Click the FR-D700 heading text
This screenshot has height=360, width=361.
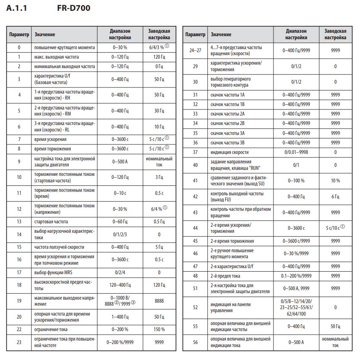[74, 8]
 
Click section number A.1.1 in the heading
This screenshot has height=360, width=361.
[17, 8]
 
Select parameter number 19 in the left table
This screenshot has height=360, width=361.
[19, 301]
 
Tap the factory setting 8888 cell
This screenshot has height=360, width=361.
[159, 301]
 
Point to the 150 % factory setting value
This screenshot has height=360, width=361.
[159, 329]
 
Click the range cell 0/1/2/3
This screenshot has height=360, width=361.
[120, 234]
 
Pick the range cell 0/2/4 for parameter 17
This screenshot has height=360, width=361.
[120, 272]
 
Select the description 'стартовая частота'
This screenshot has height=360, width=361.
[51, 222]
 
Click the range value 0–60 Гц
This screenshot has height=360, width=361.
[120, 222]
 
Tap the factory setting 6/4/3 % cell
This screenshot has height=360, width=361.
[159, 47]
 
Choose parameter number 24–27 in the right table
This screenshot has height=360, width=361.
[195, 50]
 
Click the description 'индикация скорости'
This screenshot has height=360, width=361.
[230, 152]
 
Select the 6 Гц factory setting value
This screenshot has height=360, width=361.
[335, 196]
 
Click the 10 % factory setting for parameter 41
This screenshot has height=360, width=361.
[335, 181]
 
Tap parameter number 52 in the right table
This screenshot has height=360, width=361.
[195, 307]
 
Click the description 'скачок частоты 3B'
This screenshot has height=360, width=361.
[228, 142]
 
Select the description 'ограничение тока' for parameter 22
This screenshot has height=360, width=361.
[51, 329]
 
